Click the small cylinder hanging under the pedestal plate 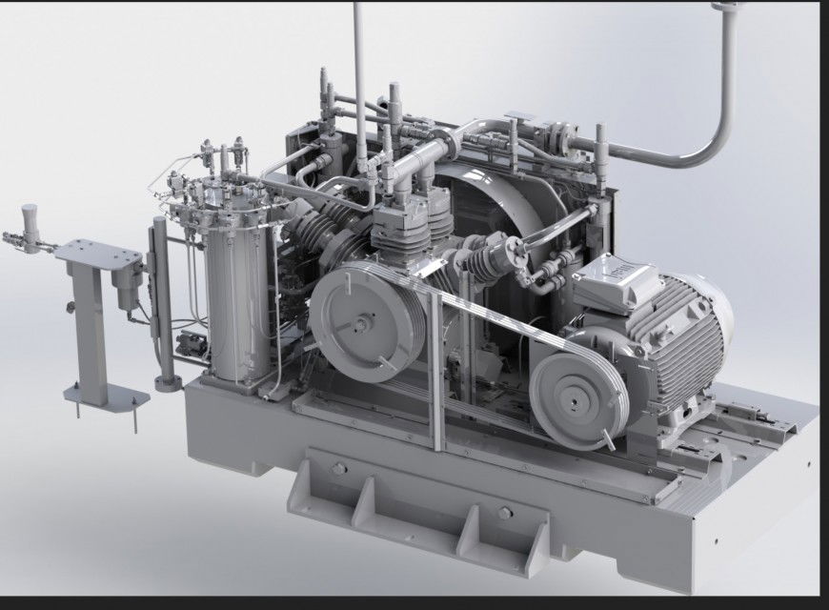pos(129,286)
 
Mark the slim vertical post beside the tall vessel pos(162,295)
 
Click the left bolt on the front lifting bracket pos(337,469)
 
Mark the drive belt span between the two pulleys pos(486,324)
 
